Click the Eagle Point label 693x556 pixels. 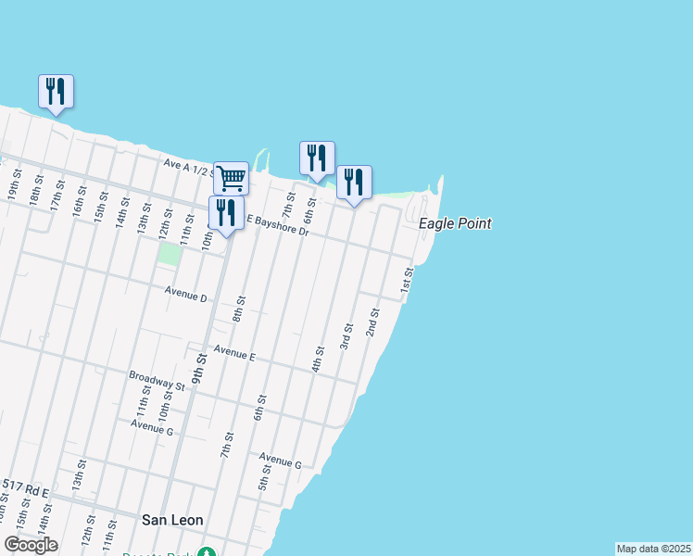coord(454,223)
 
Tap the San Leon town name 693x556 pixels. coord(172,520)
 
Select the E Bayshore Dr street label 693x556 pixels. coord(277,223)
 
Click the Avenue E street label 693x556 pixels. coord(233,353)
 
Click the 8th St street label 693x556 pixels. coord(239,309)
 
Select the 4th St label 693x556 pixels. coord(318,359)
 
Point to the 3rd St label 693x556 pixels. coord(346,335)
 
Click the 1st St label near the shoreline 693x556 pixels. coord(406,283)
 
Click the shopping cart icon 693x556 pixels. coord(231,176)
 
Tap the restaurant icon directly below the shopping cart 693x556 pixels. coord(226,212)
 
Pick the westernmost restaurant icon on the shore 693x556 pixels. coord(56,91)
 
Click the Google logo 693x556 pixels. coord(31,545)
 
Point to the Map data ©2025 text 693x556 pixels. coord(653,549)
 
